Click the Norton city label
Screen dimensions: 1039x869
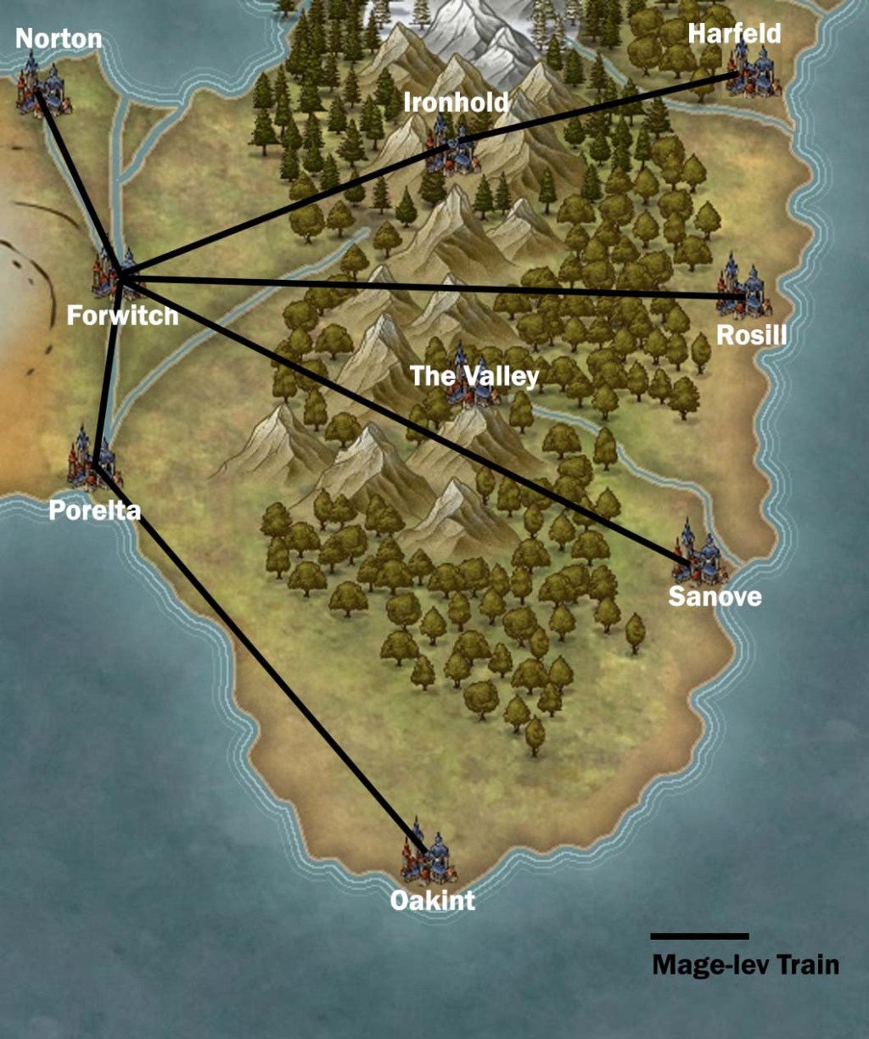point(59,38)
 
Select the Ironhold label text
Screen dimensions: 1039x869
point(456,103)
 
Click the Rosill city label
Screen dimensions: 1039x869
point(751,335)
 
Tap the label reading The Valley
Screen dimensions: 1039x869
point(474,376)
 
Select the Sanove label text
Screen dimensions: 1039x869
point(715,596)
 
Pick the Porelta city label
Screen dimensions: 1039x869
point(94,511)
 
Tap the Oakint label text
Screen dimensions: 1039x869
point(432,900)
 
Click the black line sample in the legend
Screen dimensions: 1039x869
point(699,936)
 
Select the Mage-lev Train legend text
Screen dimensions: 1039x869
point(745,964)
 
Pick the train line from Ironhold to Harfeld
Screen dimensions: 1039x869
point(594,108)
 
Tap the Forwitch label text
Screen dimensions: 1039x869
point(123,316)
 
